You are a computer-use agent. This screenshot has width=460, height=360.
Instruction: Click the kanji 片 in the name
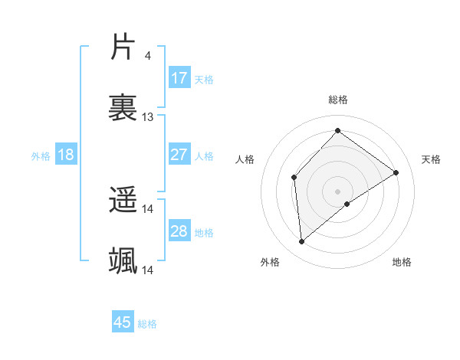(123, 47)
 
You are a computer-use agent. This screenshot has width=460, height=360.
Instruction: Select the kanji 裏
(123, 106)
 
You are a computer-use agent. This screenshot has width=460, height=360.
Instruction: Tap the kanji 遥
(123, 201)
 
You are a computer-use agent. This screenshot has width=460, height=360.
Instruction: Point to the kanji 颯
(123, 260)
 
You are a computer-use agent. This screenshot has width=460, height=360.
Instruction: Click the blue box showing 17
(179, 78)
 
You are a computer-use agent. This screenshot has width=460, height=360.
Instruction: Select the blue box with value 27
(179, 155)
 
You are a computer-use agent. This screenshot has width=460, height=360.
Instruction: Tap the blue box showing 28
(179, 231)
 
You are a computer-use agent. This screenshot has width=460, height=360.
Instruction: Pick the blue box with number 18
(66, 155)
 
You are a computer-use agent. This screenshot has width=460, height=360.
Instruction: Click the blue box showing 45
(123, 322)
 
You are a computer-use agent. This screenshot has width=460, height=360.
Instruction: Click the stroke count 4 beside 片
(147, 56)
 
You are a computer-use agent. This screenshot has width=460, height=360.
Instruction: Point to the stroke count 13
(148, 116)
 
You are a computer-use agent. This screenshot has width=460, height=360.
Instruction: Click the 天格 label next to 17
(204, 79)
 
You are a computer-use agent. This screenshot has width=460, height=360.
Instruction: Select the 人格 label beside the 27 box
(204, 155)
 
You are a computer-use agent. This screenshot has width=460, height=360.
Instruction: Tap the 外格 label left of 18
(41, 155)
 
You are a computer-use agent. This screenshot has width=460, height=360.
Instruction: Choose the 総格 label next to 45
(147, 323)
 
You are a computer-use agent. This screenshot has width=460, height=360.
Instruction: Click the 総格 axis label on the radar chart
(337, 100)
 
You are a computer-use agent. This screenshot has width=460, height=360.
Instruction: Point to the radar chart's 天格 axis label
(431, 159)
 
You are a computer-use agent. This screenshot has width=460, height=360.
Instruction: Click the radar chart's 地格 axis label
(402, 262)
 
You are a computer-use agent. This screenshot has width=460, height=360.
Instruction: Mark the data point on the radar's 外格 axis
(302, 242)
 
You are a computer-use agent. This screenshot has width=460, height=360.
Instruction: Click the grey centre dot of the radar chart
(337, 190)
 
